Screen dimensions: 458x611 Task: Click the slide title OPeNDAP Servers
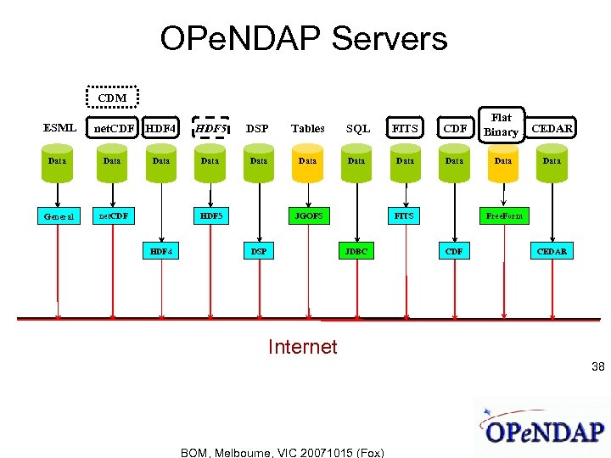tap(303, 39)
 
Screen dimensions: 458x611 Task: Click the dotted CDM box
tap(112, 98)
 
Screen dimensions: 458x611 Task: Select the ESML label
tap(59, 128)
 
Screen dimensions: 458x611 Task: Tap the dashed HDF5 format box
tap(210, 128)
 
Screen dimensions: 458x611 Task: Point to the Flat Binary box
tap(502, 125)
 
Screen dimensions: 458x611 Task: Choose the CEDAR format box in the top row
tap(552, 128)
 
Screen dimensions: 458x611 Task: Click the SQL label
tap(358, 129)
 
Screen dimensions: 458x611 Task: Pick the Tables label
tap(308, 129)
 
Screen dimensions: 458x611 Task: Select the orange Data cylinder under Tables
tap(308, 161)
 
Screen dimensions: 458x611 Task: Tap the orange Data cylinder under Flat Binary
tap(503, 161)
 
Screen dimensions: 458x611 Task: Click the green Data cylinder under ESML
tap(58, 161)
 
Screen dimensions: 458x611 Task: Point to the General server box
tap(59, 216)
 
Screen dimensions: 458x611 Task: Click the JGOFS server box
tap(307, 215)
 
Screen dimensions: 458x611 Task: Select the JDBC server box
tap(356, 251)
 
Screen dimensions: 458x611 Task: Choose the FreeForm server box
tap(504, 216)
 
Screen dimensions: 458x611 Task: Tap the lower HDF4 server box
tap(160, 251)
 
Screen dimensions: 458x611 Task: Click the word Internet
tap(302, 347)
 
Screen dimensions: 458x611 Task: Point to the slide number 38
tap(598, 367)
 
